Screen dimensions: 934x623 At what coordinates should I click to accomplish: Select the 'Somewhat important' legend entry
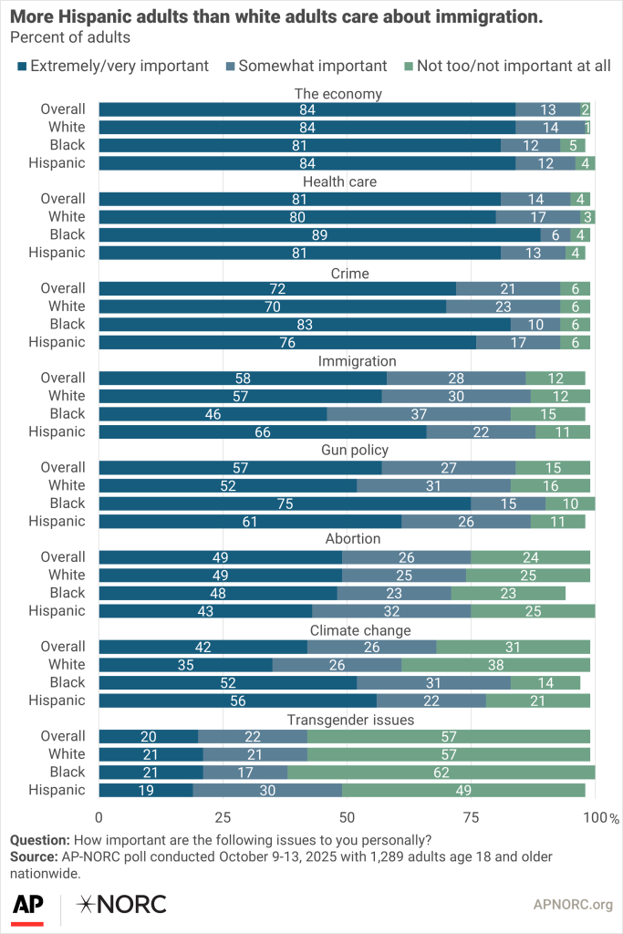tap(305, 66)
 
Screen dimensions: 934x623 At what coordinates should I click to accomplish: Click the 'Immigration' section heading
tap(356, 361)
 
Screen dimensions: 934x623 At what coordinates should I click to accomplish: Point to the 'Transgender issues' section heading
tap(351, 720)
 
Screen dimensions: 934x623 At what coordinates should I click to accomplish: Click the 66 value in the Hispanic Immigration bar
tap(263, 431)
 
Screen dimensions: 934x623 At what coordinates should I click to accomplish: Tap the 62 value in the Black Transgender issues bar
tap(441, 772)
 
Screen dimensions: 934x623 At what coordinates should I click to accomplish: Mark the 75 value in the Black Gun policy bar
tap(285, 503)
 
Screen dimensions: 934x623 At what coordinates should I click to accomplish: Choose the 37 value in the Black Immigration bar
tap(419, 414)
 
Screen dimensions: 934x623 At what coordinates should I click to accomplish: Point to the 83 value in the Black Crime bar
tap(305, 324)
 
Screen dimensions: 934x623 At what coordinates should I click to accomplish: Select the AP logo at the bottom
tap(28, 906)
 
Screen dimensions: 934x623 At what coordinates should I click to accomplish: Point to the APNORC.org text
tap(572, 905)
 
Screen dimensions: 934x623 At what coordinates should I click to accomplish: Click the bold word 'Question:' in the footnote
tap(39, 840)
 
